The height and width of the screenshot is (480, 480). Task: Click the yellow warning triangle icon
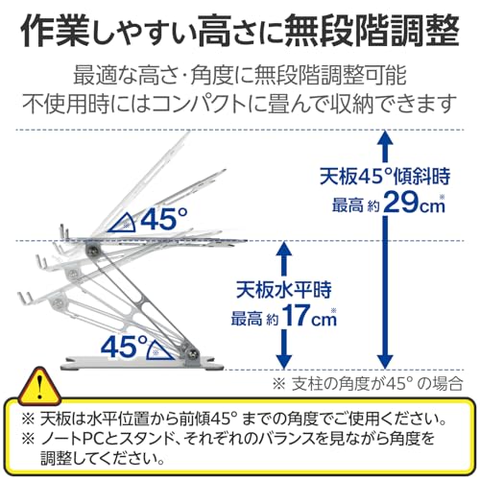[x=39, y=387]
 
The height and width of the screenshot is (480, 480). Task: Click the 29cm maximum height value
[x=414, y=203]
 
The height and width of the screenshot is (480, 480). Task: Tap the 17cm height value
[x=310, y=316]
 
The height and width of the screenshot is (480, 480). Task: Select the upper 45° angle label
[x=164, y=218]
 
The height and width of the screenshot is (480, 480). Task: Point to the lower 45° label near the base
[x=124, y=347]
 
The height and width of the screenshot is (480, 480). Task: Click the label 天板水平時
[x=284, y=290]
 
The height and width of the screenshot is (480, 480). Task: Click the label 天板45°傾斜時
[x=385, y=177]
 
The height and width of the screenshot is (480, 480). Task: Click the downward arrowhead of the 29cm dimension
[x=385, y=361]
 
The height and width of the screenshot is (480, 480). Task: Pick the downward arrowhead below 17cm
[x=284, y=361]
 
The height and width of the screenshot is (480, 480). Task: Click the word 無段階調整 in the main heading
[x=372, y=31]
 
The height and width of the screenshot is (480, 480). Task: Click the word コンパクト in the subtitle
[x=202, y=104]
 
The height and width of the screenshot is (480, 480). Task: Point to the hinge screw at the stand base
[x=193, y=353]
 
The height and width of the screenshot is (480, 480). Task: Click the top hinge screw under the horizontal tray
[x=93, y=249]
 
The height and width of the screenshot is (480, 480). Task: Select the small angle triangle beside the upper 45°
[x=123, y=223]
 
